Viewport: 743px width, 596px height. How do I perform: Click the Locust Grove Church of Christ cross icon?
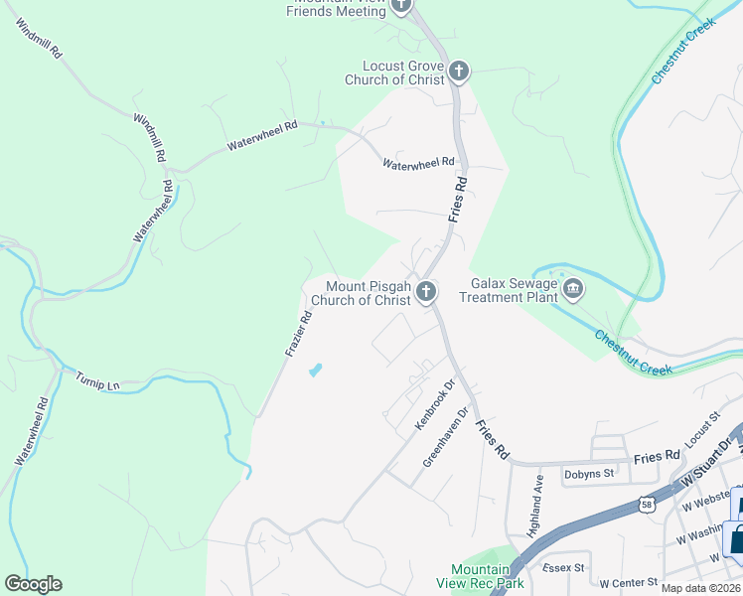coord(458,72)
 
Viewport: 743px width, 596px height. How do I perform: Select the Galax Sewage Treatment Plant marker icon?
coord(573,290)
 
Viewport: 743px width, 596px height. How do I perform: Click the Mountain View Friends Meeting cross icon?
coord(401,5)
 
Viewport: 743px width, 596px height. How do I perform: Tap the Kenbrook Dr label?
coord(434,406)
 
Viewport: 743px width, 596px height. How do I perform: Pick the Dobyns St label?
coord(588,474)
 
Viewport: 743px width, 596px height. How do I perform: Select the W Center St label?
coord(628,581)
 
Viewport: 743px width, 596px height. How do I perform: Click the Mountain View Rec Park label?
coord(480,576)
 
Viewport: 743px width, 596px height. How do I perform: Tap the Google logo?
coord(33,584)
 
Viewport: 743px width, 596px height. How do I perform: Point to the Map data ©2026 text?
coord(701,588)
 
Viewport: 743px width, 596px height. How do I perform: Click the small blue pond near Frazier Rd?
coord(316,371)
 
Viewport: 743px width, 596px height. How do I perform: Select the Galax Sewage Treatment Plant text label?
coord(509,290)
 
